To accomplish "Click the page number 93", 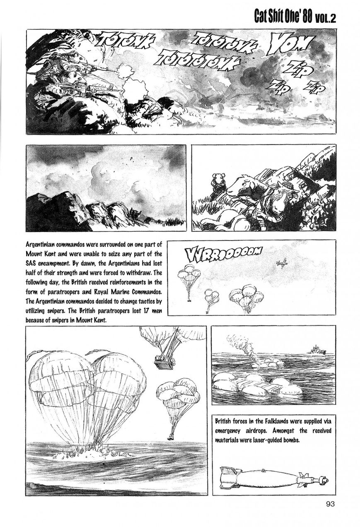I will coord(330,504).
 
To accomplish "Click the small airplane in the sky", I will coord(282,263).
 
